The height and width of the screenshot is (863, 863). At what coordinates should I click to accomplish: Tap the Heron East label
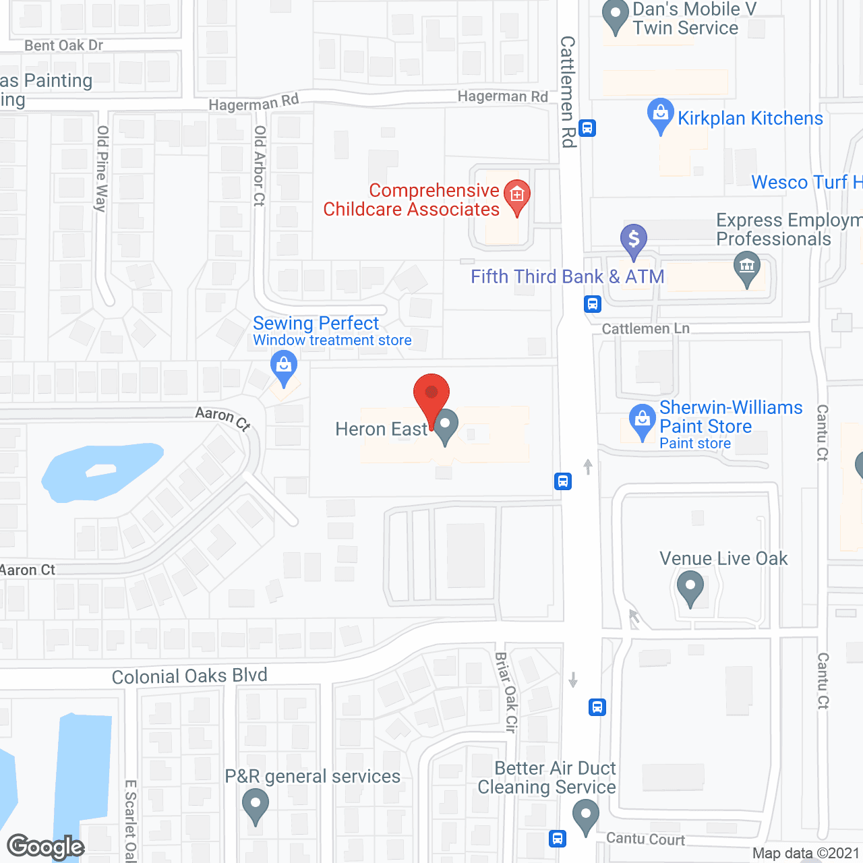pos(381,429)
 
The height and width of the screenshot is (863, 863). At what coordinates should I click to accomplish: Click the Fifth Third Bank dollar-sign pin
pos(634,240)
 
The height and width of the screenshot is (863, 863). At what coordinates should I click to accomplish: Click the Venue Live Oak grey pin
pos(690,587)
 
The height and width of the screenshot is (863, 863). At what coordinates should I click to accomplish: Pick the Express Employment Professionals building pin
pos(747,268)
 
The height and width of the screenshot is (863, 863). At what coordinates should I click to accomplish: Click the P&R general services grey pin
pos(256,805)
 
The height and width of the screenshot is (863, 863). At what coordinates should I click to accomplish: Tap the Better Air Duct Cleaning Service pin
pos(586,816)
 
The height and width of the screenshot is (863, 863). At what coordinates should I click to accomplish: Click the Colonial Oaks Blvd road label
pos(189,676)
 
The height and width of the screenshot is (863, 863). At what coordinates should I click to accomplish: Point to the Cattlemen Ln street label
pos(645,329)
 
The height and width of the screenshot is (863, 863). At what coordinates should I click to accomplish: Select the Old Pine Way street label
pos(102,169)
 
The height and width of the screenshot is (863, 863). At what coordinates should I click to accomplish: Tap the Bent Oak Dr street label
pos(64,46)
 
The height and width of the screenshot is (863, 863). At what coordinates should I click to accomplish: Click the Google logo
pos(46,847)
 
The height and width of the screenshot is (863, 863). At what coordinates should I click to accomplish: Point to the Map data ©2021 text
pos(806,854)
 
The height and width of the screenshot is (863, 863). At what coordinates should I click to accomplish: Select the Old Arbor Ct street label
pos(260,165)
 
